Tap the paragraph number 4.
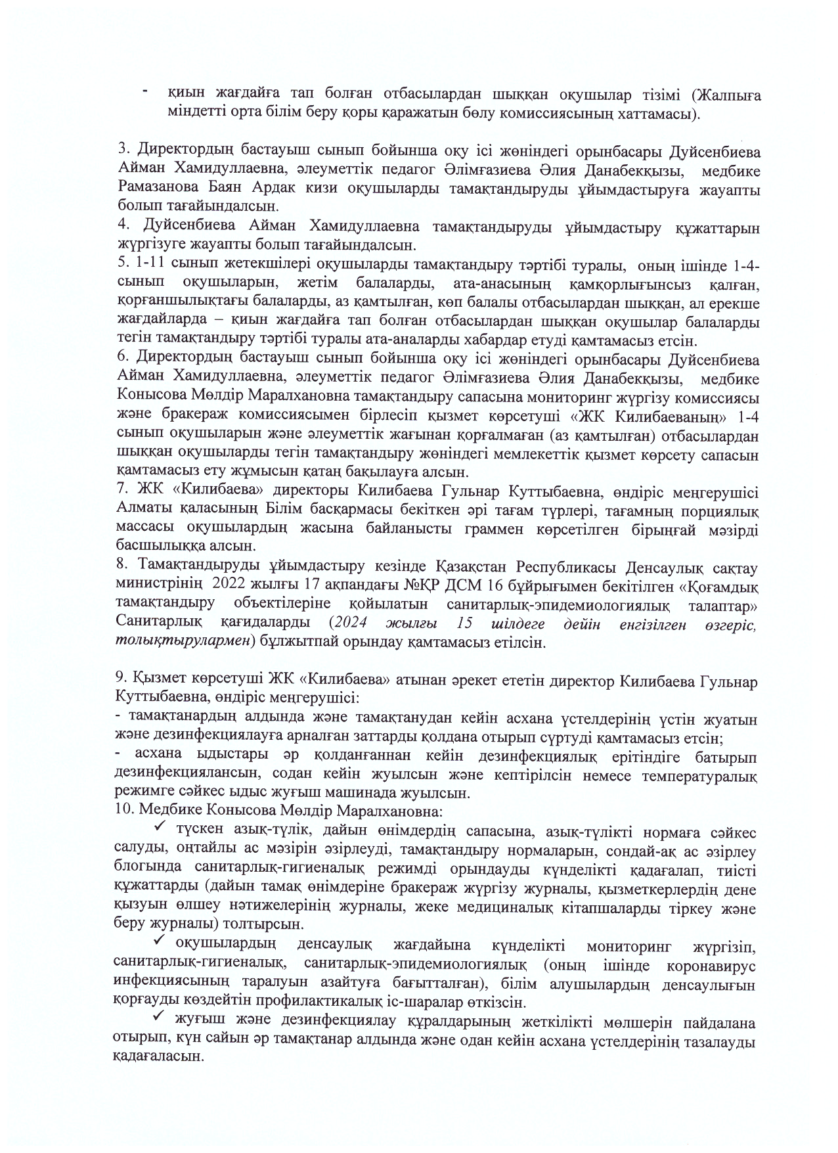pos(122,227)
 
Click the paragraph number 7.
pos(121,491)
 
